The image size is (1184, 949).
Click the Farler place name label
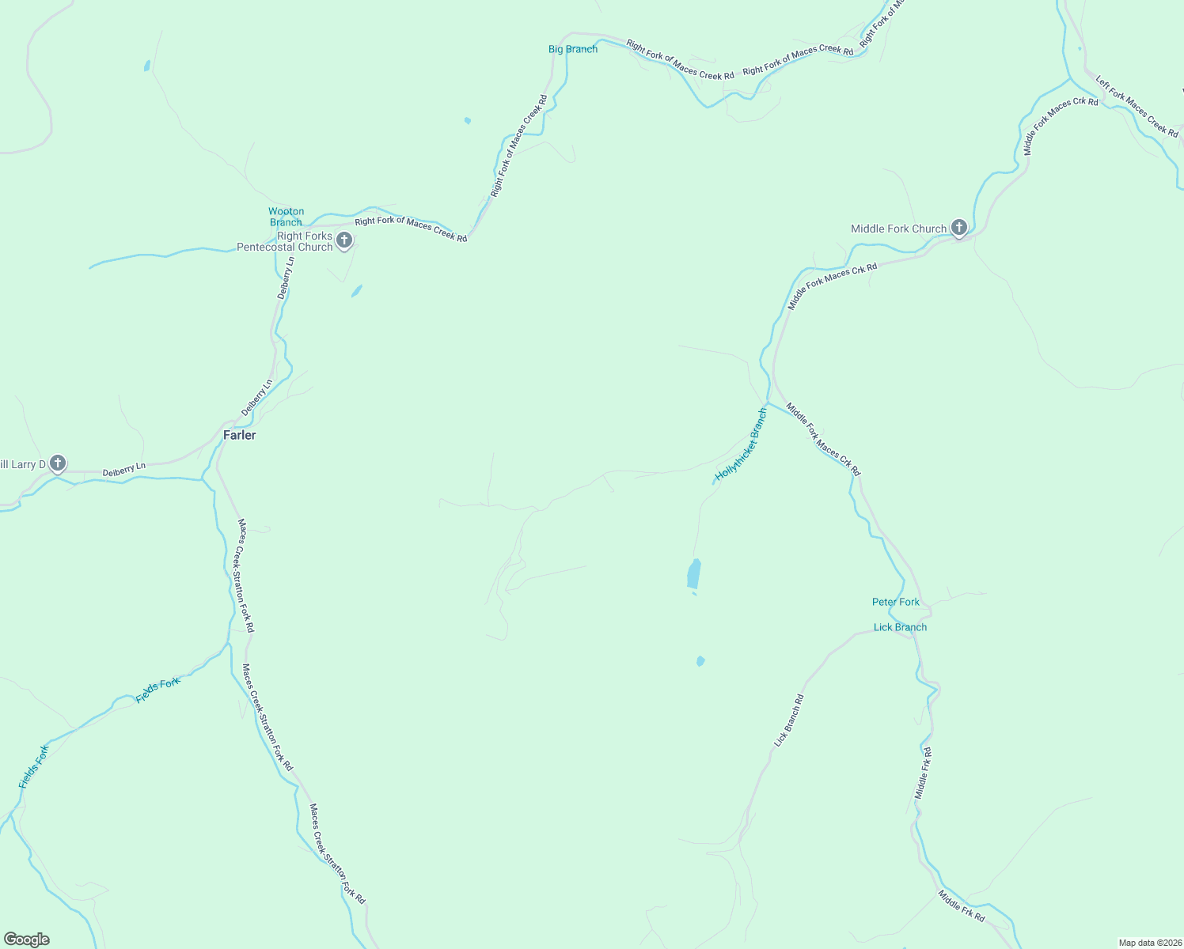pos(239,435)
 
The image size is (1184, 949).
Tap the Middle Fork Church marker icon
pos(958,229)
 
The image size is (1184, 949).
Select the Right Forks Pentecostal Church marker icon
pos(344,240)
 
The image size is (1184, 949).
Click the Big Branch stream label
pos(573,49)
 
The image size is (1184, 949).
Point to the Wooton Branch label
pos(286,217)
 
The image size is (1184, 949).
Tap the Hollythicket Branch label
pos(741,445)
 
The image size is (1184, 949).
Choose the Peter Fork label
pos(896,602)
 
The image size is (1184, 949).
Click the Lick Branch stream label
pos(900,627)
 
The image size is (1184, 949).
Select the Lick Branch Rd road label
pos(789,720)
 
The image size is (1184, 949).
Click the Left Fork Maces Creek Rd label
pos(1137,106)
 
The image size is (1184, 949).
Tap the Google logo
pos(27,940)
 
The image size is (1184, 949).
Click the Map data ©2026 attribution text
pos(1149,943)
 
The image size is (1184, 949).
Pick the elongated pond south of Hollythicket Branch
pos(694,574)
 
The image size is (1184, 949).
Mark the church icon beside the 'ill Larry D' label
pos(58,463)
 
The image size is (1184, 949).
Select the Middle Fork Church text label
pos(898,229)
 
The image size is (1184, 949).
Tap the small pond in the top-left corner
pos(147,66)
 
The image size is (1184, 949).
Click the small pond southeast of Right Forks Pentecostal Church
pos(357,291)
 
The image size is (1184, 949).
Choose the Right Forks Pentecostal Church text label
pos(285,241)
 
